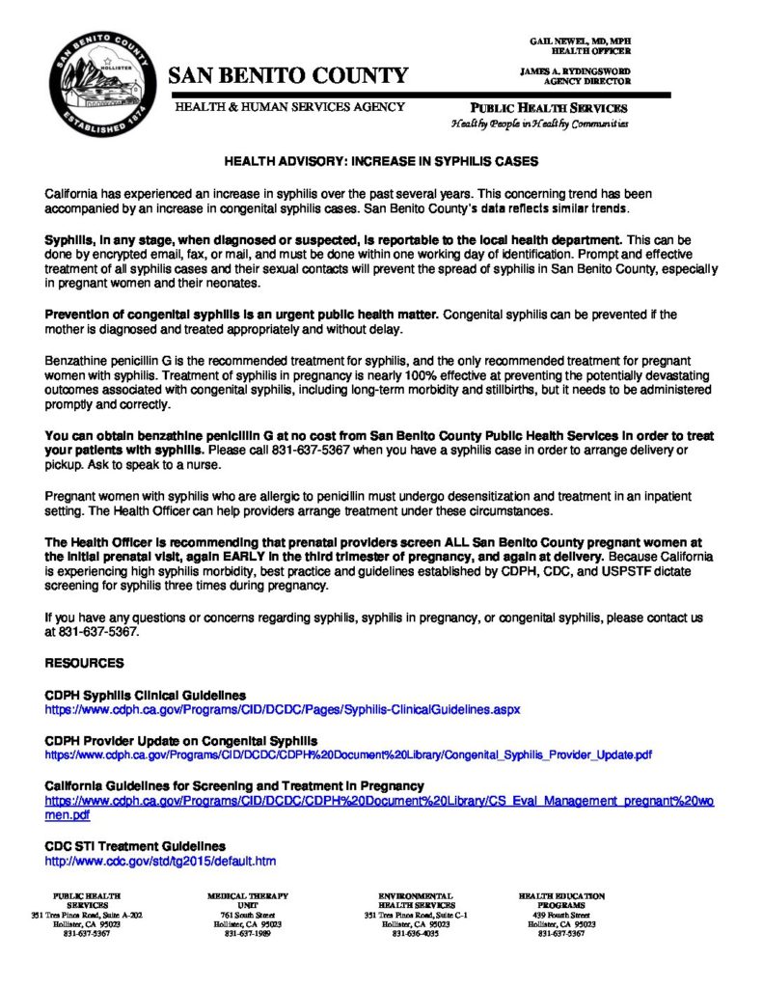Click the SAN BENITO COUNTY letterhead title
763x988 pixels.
[289, 75]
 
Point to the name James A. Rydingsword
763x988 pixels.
[575, 72]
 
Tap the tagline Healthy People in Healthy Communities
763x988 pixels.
[539, 124]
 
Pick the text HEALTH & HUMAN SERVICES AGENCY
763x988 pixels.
[289, 106]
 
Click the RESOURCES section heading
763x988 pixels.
[85, 663]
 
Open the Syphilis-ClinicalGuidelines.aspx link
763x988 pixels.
[283, 709]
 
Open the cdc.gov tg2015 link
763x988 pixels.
[161, 861]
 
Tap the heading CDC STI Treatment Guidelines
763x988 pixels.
[135, 846]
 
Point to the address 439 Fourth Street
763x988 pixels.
[561, 915]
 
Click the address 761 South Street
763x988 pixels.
[248, 915]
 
